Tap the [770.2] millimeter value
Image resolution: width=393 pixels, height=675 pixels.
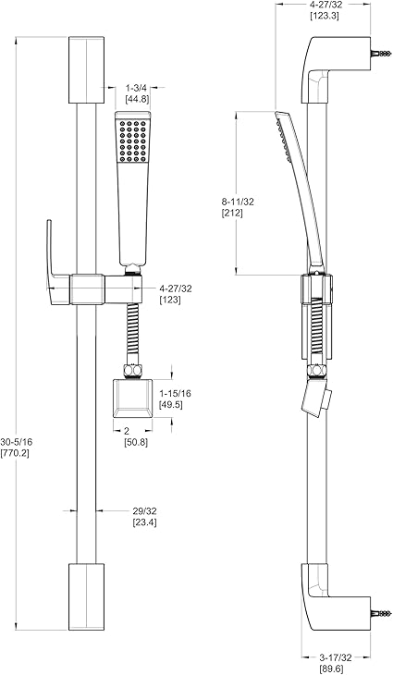(15, 453)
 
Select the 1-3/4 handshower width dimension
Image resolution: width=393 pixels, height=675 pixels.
(136, 88)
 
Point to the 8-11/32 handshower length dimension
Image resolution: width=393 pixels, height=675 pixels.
(238, 202)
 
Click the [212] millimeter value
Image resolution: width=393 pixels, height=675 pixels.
(232, 213)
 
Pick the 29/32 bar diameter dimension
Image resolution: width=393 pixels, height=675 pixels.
(144, 511)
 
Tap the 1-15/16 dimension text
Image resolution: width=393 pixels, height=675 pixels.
(175, 394)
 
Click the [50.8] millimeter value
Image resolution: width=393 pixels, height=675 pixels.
(136, 442)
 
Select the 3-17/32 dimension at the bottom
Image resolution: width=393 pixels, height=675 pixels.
(336, 657)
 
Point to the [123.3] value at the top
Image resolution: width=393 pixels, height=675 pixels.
(325, 17)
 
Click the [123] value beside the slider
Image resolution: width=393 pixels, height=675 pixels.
(170, 300)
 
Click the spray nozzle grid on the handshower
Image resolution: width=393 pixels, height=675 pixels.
(132, 141)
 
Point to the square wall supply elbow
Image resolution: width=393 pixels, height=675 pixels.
(132, 399)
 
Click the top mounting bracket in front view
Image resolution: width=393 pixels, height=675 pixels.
(86, 69)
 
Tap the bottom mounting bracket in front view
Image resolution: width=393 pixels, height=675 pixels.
(86, 596)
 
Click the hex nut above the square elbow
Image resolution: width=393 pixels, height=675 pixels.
(132, 372)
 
